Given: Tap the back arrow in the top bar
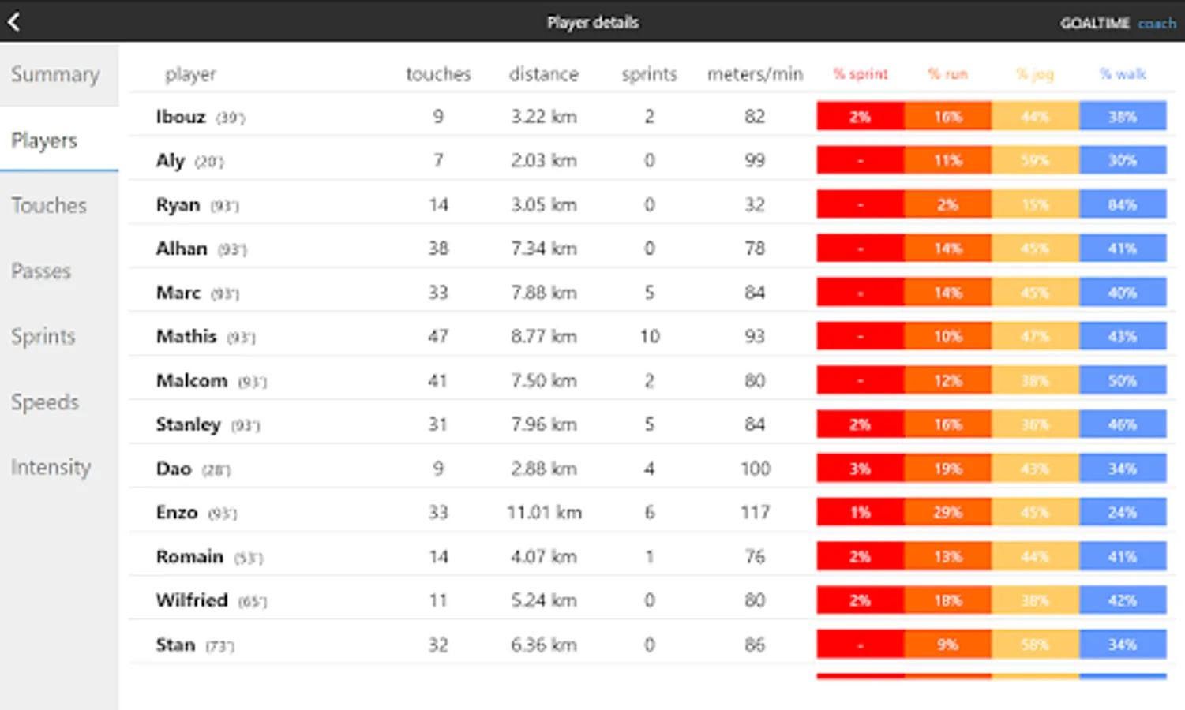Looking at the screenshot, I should coord(14,21).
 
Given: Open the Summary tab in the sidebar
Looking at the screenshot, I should coord(55,75).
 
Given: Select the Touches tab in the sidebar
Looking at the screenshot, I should coord(49,206).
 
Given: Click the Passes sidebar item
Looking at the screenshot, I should coord(41,271).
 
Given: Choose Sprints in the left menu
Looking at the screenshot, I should coord(43,337).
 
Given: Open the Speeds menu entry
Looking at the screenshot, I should coord(45,402).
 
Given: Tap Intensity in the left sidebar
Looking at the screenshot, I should coord(51,468).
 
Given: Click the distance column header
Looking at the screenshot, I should coord(543,74).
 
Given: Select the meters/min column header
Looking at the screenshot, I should coord(755,74).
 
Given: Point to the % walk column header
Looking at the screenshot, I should coord(1122,74).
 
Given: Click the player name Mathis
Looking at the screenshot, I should coord(186,337).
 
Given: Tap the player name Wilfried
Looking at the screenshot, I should coord(192,600).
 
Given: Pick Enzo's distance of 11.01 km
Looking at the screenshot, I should coord(544,513).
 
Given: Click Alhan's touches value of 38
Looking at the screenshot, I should coord(438,248).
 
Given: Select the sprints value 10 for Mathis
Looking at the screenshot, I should coord(649,337).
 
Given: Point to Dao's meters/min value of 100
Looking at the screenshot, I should coord(755,469).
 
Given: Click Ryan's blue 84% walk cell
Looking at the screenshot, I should coord(1122,205).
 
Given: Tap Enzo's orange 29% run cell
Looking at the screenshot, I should coord(947,513).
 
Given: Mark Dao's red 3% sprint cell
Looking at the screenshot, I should coord(860,469).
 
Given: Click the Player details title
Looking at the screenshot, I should coord(593,22).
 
